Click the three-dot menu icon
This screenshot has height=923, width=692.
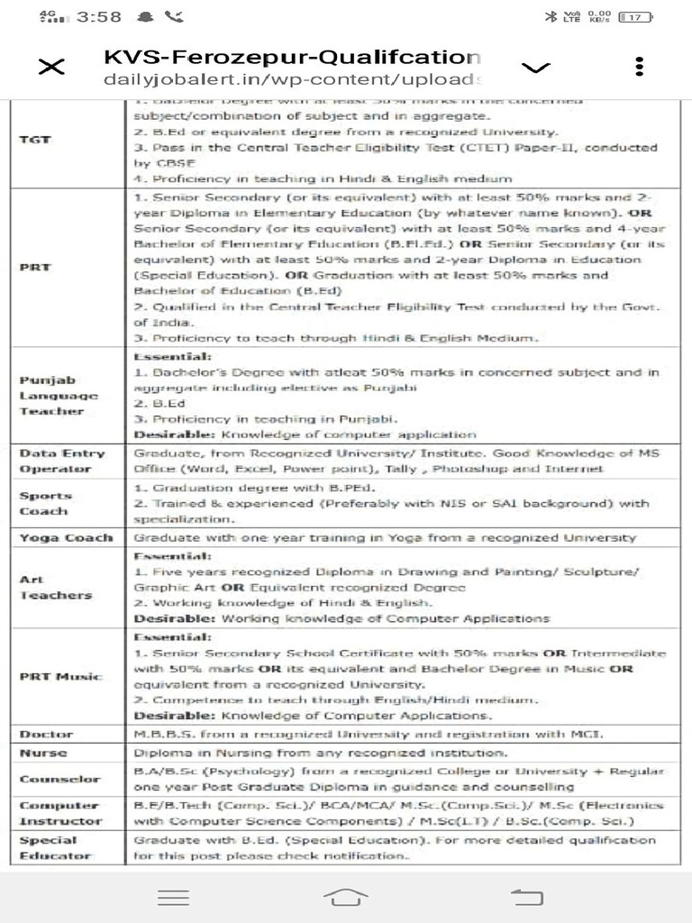click(639, 68)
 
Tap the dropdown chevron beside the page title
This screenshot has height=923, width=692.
click(536, 68)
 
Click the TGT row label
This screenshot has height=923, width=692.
click(36, 140)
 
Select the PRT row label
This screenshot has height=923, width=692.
click(36, 268)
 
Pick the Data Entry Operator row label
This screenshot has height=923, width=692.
click(62, 461)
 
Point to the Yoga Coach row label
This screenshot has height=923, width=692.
click(66, 537)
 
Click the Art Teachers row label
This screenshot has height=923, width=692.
click(55, 587)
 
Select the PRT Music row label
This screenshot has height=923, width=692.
click(60, 676)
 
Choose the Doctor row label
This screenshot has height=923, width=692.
click(46, 734)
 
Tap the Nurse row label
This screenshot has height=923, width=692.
click(43, 753)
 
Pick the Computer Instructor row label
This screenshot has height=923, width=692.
click(60, 813)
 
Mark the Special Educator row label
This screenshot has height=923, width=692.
click(49, 847)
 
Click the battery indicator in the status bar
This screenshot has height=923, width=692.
click(635, 16)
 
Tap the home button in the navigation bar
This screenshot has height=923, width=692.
click(346, 896)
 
